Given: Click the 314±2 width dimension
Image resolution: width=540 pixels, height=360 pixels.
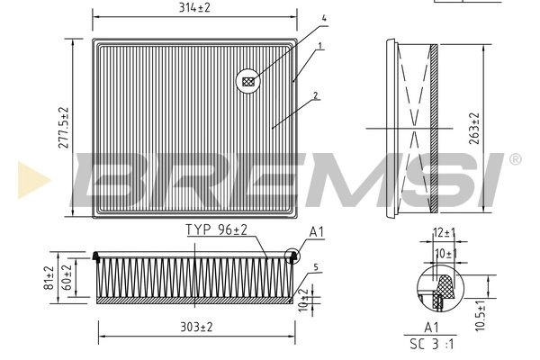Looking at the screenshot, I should tap(195, 8).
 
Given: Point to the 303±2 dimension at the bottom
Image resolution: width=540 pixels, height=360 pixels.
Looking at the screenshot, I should tap(195, 327).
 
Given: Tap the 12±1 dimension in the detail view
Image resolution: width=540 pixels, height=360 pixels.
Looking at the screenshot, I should tap(443, 233).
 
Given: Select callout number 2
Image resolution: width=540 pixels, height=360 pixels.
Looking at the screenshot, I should tap(314, 94).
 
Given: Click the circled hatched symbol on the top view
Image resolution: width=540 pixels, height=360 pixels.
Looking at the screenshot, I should tap(248, 82).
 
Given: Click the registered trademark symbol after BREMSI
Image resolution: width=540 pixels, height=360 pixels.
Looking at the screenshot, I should tap(515, 159).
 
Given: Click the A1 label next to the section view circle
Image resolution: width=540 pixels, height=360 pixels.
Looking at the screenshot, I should tap(316, 232).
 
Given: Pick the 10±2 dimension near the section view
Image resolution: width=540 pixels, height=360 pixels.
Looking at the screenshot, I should tap(303, 296).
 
